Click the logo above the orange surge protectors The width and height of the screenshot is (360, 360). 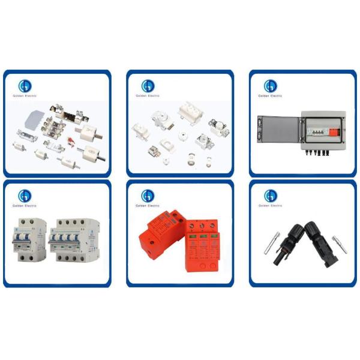[x=147, y=196]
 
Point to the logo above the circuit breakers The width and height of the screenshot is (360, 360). [x=25, y=196]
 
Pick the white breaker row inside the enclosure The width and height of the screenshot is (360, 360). [x=314, y=128]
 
